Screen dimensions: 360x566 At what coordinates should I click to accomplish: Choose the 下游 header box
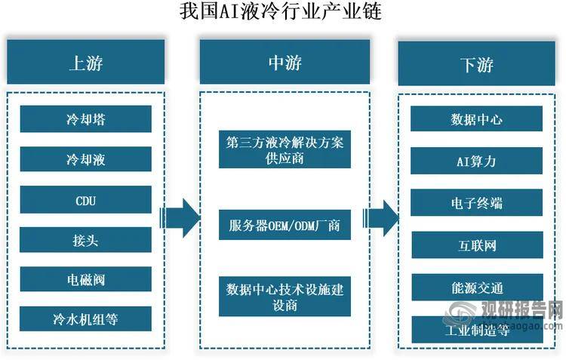tap(476, 63)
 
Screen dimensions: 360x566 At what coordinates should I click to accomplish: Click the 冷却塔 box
tap(85, 118)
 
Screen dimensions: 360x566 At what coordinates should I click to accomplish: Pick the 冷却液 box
tap(85, 159)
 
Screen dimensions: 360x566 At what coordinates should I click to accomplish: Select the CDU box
tap(85, 200)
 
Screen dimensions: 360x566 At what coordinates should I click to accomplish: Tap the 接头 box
tap(85, 241)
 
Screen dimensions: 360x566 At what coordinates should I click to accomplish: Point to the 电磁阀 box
tap(85, 280)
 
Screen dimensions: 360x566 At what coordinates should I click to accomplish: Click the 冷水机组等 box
tap(85, 320)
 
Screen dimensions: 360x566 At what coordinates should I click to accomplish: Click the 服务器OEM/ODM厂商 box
tap(285, 224)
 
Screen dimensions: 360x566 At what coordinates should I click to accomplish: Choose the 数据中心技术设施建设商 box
tap(285, 297)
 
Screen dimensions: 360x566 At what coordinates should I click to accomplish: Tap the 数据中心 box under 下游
tap(476, 119)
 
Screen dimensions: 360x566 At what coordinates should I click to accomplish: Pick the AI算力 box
tap(476, 162)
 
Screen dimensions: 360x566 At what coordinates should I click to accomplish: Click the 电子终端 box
tap(476, 203)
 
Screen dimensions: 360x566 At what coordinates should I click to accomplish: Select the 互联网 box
tap(476, 245)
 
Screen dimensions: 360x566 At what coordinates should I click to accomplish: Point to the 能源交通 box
tap(476, 288)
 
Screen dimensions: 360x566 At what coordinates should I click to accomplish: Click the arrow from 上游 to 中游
tap(181, 218)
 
